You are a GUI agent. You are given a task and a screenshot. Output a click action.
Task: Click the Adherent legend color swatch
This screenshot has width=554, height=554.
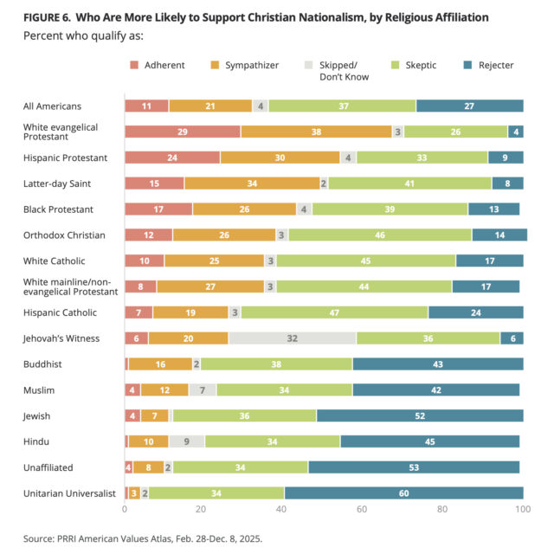point(135,66)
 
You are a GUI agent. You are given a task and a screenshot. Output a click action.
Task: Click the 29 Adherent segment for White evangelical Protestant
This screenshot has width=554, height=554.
point(183,132)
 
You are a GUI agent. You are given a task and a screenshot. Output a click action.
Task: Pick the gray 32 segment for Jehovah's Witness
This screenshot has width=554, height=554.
point(293,338)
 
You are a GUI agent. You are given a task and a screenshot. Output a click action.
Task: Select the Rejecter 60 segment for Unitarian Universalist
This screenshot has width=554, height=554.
point(403,493)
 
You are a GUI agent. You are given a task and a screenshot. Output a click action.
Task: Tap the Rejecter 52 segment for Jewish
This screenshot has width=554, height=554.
point(420,415)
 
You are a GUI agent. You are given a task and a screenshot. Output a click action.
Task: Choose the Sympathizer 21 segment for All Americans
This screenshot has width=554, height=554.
point(210,106)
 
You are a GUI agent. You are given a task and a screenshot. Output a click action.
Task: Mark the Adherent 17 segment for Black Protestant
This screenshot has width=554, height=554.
point(158,209)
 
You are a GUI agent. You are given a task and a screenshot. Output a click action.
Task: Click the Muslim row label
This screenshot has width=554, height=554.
point(39,390)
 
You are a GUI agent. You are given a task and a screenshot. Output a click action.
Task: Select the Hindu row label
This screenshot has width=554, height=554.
point(36,441)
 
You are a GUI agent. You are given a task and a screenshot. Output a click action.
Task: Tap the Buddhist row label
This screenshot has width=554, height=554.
point(42,364)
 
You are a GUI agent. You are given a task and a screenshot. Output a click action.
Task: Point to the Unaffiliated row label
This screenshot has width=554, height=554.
point(48,467)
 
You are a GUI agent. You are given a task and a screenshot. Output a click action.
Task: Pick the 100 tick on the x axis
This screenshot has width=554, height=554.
point(522,510)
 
